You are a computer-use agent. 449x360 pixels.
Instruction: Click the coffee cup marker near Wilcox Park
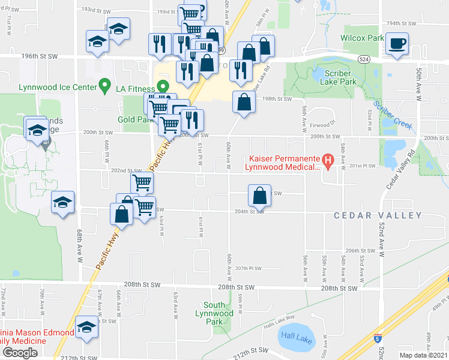point(397,44)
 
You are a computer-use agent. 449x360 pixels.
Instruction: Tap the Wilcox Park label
point(362,38)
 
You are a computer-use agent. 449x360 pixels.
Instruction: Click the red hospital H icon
point(328,160)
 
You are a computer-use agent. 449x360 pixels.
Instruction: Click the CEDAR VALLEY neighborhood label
point(377,215)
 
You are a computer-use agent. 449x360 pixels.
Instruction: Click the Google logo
point(20,352)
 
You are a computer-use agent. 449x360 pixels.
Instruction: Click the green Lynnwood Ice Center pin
point(104,87)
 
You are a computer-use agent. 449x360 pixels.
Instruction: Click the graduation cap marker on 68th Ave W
point(62,203)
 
